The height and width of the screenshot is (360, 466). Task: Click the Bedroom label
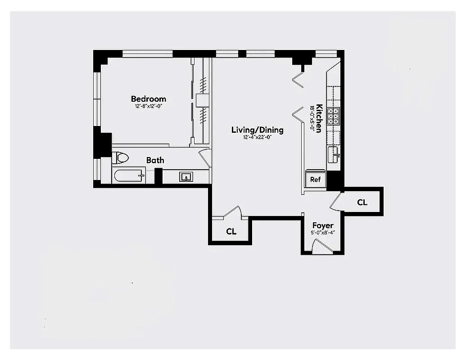(148, 99)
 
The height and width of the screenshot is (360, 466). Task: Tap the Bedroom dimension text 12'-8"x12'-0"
(148, 107)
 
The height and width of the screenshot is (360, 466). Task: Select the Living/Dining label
(257, 130)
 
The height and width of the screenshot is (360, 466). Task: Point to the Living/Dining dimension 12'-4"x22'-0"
(257, 137)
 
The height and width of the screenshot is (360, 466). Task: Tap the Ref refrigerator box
(315, 179)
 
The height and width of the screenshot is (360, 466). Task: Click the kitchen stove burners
(334, 116)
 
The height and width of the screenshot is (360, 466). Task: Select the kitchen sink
(334, 153)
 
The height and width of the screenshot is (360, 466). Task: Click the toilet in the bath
(120, 158)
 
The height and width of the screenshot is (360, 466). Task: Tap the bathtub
(129, 176)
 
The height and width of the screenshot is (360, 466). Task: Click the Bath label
(155, 160)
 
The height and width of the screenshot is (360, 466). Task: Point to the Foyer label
(323, 225)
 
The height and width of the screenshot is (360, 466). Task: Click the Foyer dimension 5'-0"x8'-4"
(323, 233)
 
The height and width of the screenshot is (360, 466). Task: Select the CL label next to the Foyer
(362, 202)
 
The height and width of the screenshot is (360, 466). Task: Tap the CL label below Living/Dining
(231, 232)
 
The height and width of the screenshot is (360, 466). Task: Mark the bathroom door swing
(205, 157)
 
